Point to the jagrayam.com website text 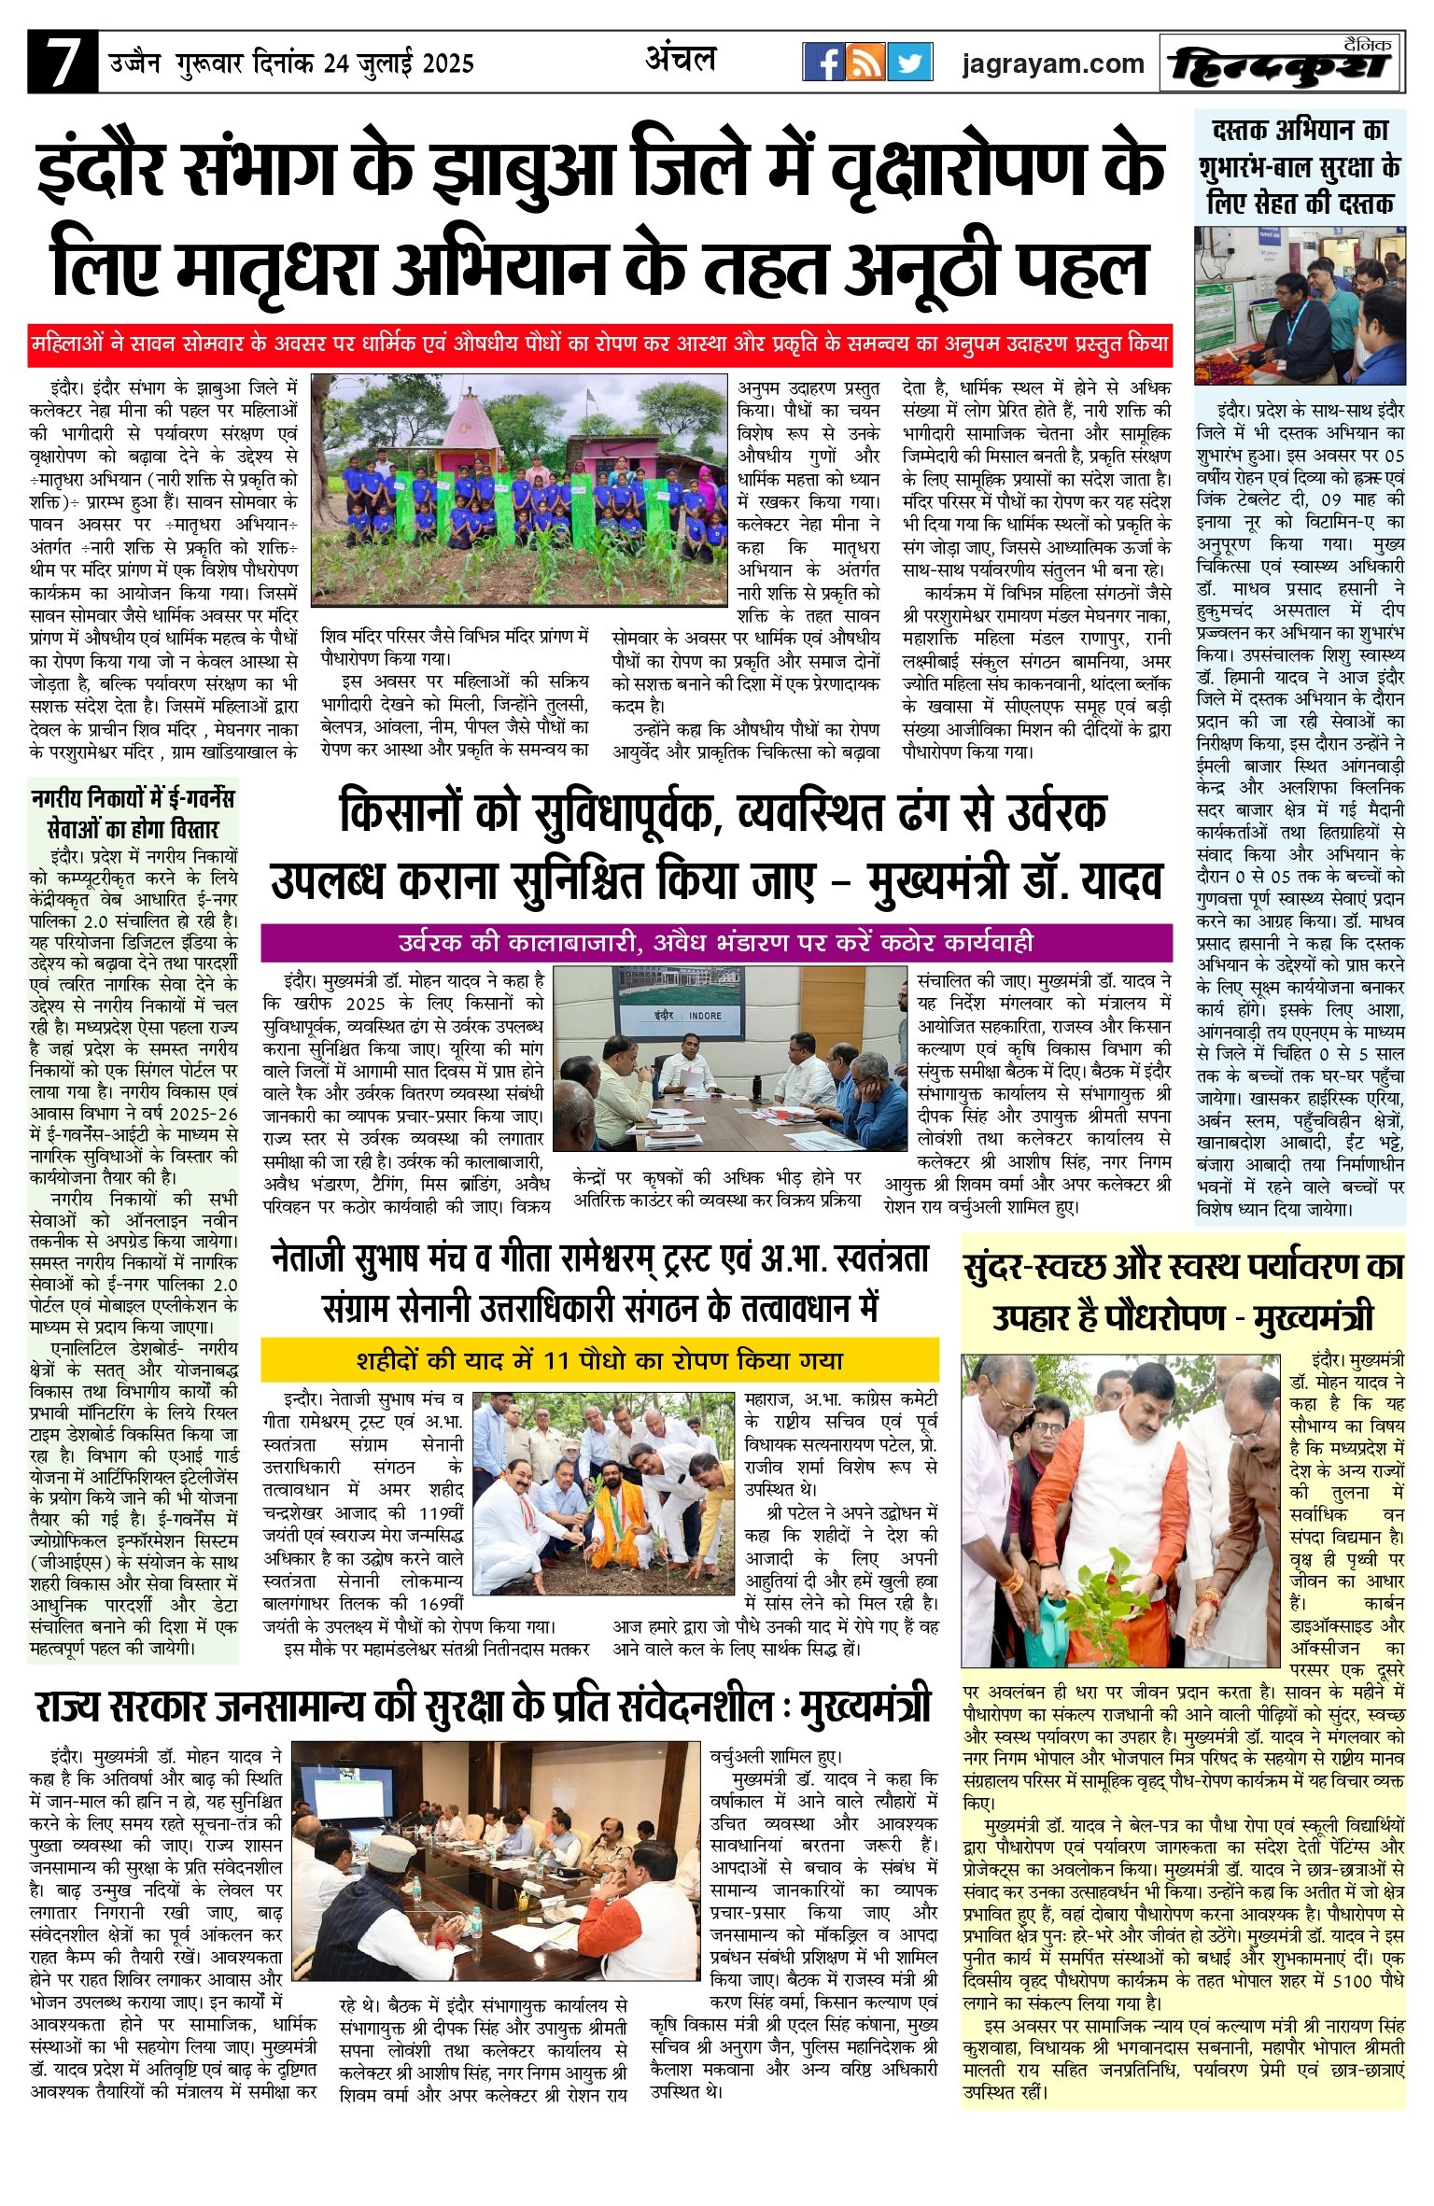pos(1052,63)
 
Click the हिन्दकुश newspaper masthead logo pos(1281,64)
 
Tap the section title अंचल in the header pos(681,60)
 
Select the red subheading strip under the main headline pos(600,344)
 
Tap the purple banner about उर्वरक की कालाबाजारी pos(716,942)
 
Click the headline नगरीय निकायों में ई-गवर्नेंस pos(133,813)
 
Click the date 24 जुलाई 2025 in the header pos(399,64)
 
